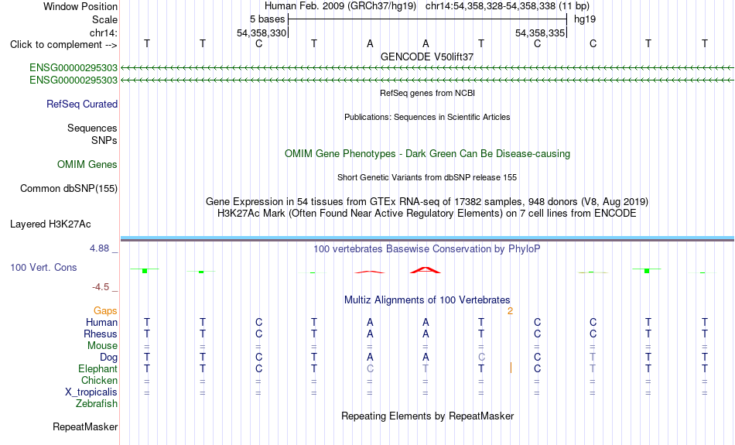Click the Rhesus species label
pyautogui.click(x=101, y=334)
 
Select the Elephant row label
pyautogui.click(x=97, y=369)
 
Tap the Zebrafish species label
pyautogui.click(x=97, y=404)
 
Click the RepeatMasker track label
pyautogui.click(x=85, y=426)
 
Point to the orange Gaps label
pyautogui.click(x=105, y=310)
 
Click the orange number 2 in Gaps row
pyautogui.click(x=510, y=311)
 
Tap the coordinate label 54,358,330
pyautogui.click(x=261, y=33)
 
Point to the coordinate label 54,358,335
pyautogui.click(x=539, y=33)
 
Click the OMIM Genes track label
pyautogui.click(x=87, y=165)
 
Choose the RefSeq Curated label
pyautogui.click(x=82, y=104)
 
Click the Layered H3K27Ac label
pyautogui.click(x=50, y=224)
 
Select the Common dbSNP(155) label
pyautogui.click(x=69, y=189)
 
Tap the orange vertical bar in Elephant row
pyautogui.click(x=511, y=368)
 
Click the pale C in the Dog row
pyautogui.click(x=481, y=357)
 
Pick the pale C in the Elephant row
pyautogui.click(x=370, y=368)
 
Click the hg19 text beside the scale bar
pyautogui.click(x=585, y=19)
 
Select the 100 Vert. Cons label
pyautogui.click(x=43, y=267)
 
